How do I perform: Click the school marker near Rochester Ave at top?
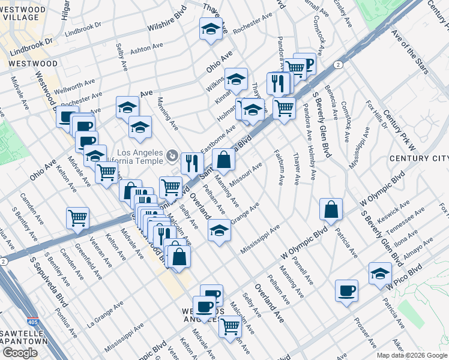point(211,29)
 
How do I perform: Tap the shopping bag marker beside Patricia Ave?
point(331,209)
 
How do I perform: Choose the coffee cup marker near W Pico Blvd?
point(346,292)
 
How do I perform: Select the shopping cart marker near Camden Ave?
point(77,218)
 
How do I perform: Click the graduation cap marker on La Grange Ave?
point(219,230)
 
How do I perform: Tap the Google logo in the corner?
point(20,353)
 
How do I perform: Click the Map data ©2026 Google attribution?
point(411,355)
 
